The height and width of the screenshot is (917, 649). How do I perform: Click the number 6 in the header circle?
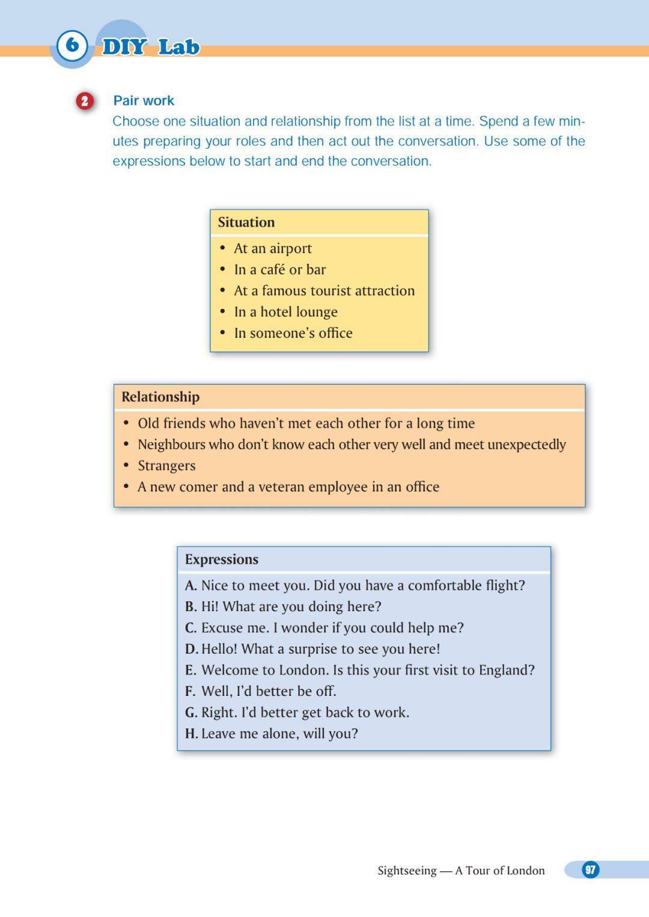click(72, 45)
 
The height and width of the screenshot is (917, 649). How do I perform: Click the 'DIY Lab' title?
click(150, 47)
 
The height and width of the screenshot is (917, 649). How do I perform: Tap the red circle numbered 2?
click(85, 101)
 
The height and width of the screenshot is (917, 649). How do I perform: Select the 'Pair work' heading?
click(144, 101)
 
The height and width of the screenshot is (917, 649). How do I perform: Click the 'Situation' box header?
click(246, 222)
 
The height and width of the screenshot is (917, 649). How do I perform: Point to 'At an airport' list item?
click(272, 249)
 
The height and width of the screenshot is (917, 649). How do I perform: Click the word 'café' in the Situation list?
click(272, 270)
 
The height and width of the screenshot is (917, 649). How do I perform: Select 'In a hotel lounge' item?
click(285, 312)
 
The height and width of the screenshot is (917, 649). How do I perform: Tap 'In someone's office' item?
click(293, 333)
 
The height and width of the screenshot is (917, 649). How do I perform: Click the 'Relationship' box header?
click(160, 397)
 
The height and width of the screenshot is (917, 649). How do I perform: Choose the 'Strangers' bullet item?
click(166, 466)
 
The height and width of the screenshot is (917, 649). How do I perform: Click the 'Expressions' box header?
click(222, 559)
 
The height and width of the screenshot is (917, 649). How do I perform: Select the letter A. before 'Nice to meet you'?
click(190, 586)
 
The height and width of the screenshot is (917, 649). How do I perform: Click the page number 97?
click(590, 870)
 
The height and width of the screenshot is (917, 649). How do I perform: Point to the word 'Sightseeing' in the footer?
click(407, 871)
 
